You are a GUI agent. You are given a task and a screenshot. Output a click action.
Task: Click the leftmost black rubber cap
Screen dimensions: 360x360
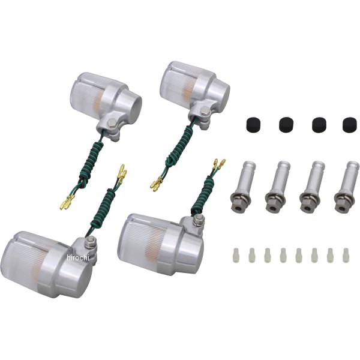253,124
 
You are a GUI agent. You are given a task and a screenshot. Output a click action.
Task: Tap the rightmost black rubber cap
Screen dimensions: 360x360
350,124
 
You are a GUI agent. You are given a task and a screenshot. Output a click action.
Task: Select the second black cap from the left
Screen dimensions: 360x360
286,124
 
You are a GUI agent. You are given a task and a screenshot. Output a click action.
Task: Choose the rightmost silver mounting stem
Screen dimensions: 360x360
347,187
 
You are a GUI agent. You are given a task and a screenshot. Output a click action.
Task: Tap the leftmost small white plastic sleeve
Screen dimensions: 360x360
236,254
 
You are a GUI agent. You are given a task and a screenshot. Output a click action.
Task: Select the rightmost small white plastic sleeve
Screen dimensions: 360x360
346,255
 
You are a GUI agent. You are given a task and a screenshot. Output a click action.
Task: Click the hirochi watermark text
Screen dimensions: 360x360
77,257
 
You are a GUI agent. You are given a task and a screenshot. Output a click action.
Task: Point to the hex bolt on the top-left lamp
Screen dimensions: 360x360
113,122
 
